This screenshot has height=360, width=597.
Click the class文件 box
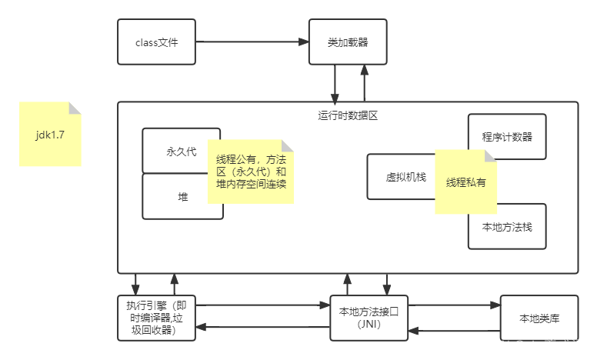point(156,42)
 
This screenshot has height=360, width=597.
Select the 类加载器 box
point(347,42)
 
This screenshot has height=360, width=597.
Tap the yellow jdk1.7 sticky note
point(50,134)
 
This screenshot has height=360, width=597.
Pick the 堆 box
point(175,197)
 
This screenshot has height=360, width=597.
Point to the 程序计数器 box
point(507,137)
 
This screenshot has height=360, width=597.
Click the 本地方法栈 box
point(507,226)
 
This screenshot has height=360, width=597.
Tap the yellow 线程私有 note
point(465,182)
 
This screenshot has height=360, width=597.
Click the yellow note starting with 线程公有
point(250,172)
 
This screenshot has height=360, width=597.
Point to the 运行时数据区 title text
point(348,115)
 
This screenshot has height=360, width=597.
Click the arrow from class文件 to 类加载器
point(252,42)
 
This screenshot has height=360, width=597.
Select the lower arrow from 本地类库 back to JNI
point(454,331)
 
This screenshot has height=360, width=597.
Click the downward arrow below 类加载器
point(336,83)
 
